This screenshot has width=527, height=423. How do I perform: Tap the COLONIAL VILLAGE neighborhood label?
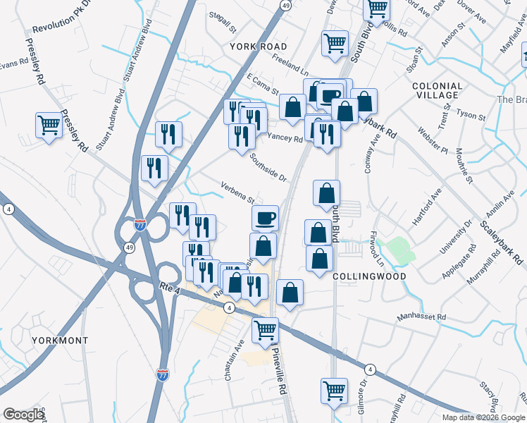click(437, 91)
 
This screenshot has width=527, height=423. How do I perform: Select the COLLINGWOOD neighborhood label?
click(369, 276)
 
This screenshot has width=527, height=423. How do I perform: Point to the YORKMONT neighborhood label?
click(60, 341)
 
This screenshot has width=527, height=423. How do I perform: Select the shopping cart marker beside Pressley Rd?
click(49, 125)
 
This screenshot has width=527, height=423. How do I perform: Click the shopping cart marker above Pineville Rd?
click(266, 330)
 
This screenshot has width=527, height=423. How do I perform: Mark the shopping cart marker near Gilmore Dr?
click(335, 390)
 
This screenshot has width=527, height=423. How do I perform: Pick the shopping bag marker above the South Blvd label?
click(326, 192)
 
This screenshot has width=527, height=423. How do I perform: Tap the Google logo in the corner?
click(23, 415)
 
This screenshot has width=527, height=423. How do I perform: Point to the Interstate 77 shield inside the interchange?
click(140, 226)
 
